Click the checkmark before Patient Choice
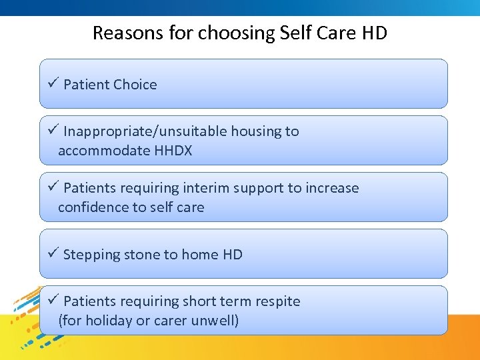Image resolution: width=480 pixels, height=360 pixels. (x=55, y=84)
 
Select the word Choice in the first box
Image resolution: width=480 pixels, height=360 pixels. (x=135, y=85)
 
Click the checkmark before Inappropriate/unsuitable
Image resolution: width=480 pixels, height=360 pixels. (x=55, y=131)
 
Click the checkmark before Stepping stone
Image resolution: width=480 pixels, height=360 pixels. (x=55, y=254)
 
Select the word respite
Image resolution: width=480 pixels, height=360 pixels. (x=277, y=301)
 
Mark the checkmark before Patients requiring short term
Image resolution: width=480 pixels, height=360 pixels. (x=55, y=301)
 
